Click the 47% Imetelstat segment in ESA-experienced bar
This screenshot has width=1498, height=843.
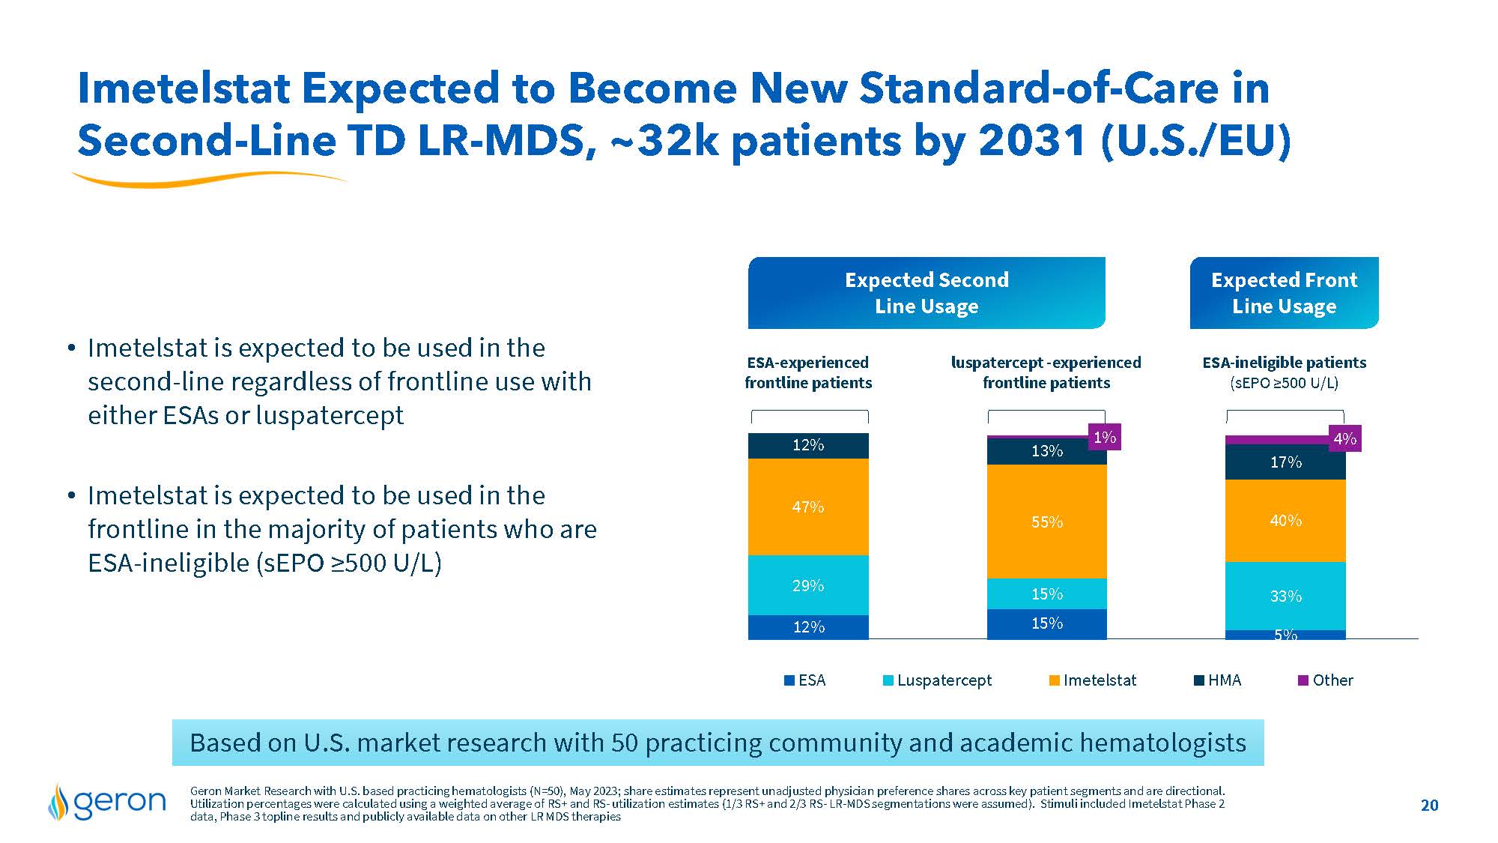(x=808, y=507)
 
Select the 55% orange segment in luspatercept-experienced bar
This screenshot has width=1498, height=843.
(x=1046, y=522)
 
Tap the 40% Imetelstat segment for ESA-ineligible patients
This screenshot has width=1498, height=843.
(x=1285, y=521)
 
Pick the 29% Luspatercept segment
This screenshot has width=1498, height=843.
(x=808, y=585)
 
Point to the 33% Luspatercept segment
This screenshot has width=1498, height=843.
(x=1285, y=596)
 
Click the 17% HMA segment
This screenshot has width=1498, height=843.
(x=1285, y=462)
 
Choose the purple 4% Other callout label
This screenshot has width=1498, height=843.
(x=1344, y=439)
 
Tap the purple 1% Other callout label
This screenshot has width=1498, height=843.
(x=1104, y=438)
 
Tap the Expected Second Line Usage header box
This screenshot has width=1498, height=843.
(x=927, y=293)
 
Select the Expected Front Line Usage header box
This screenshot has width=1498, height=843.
(x=1284, y=293)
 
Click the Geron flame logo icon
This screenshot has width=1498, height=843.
(x=58, y=802)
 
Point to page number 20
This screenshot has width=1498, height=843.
(x=1429, y=806)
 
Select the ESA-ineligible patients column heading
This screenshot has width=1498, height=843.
(x=1284, y=363)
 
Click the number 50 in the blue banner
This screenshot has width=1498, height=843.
(x=625, y=743)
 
